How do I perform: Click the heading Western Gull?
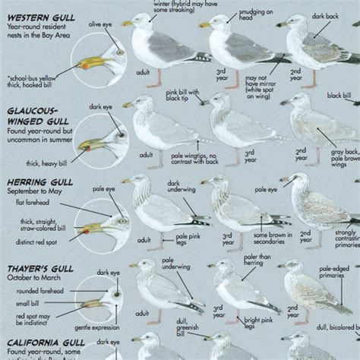[x=34, y=14]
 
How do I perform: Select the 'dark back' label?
[x=327, y=16]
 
